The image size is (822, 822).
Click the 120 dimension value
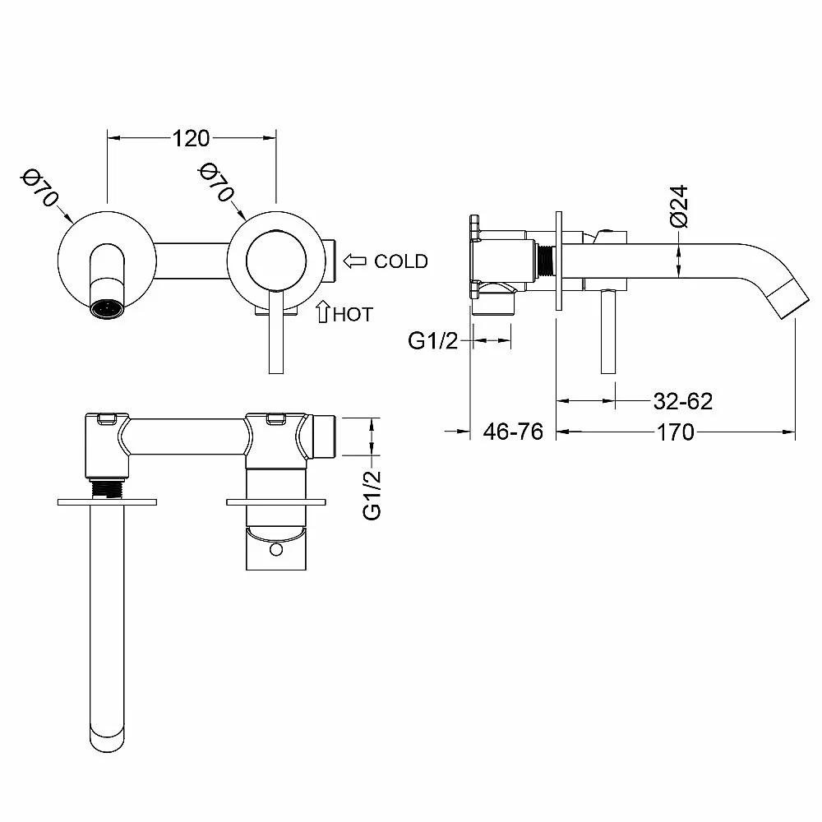(191, 137)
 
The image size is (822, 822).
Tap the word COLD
(401, 261)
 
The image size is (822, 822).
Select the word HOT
(353, 313)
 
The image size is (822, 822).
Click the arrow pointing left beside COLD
(355, 261)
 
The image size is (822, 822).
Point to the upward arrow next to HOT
(321, 312)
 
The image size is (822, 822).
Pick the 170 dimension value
(676, 432)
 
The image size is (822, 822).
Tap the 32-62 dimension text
(682, 401)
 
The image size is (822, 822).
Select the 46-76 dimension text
(513, 432)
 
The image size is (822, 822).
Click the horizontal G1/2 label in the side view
(433, 340)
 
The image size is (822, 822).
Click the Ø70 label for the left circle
(40, 188)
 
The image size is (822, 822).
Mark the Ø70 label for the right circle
(216, 182)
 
